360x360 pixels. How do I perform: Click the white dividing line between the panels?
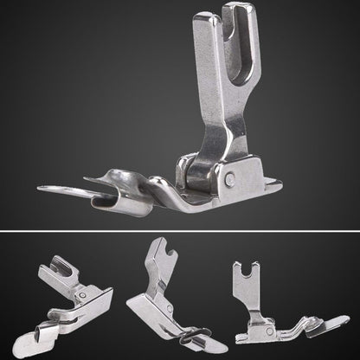[180, 233]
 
